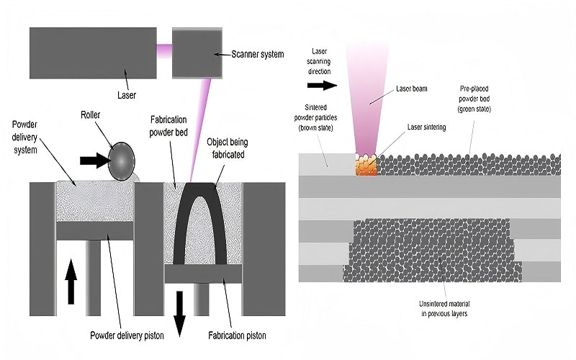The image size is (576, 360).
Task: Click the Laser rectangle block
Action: point(93,53)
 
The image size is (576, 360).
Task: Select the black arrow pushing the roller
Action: point(94,160)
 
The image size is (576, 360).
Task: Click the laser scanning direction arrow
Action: point(322,85)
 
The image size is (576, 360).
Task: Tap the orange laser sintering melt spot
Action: point(366,166)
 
